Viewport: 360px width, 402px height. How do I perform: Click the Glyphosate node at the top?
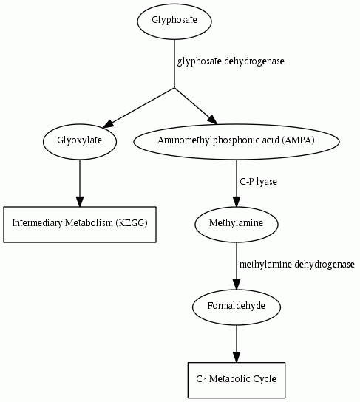pyautogui.click(x=174, y=21)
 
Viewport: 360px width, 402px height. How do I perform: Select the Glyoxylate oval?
pyautogui.click(x=80, y=142)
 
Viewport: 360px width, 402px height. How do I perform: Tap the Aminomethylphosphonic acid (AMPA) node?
pyautogui.click(x=237, y=142)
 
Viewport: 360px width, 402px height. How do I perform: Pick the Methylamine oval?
pyautogui.click(x=237, y=225)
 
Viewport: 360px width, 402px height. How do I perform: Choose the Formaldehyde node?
pyautogui.click(x=237, y=307)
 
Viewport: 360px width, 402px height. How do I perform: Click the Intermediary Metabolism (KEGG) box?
pyautogui.click(x=80, y=225)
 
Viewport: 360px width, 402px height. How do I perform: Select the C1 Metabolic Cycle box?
pyautogui.click(x=237, y=380)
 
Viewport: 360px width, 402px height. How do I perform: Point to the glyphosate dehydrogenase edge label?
pyautogui.click(x=231, y=61)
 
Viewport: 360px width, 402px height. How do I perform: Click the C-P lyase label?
pyautogui.click(x=259, y=182)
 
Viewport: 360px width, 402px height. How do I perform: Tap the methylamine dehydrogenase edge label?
pyautogui.click(x=297, y=265)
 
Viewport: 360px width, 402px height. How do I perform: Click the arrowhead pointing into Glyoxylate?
pyautogui.click(x=108, y=124)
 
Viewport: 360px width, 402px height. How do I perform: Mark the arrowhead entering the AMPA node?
pyautogui.click(x=213, y=120)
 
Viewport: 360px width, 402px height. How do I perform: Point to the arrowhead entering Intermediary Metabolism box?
pyautogui.click(x=80, y=202)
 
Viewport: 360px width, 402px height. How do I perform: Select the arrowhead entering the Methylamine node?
pyautogui.click(x=237, y=202)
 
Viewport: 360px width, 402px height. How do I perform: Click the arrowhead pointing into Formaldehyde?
pyautogui.click(x=237, y=285)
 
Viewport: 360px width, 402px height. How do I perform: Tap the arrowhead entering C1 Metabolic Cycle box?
pyautogui.click(x=237, y=357)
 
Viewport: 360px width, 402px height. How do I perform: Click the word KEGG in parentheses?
pyautogui.click(x=132, y=223)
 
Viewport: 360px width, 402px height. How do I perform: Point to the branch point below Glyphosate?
pyautogui.click(x=174, y=87)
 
